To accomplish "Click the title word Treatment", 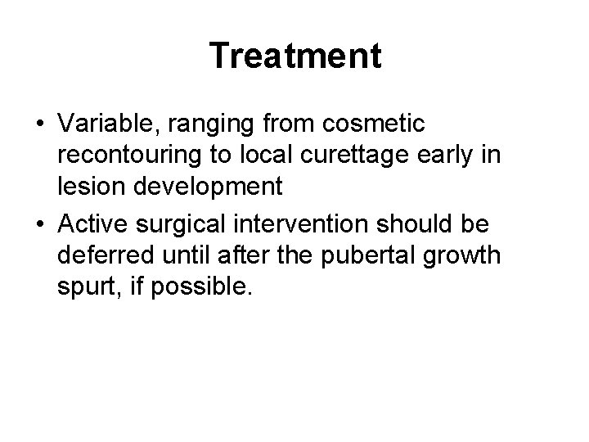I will (x=294, y=56).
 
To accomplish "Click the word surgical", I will (x=184, y=221).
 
